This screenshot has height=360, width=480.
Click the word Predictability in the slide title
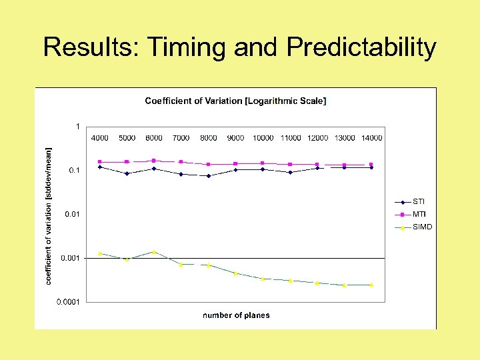click(x=361, y=48)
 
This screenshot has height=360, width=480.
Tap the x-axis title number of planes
click(x=236, y=315)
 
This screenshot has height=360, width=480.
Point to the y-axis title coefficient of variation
click(x=48, y=216)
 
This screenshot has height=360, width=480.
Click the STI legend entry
click(x=418, y=201)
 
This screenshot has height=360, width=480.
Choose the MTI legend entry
click(x=419, y=214)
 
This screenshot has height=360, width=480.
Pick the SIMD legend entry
click(x=421, y=227)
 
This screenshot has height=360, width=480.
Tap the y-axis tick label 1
click(x=77, y=126)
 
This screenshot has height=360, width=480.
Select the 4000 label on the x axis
click(x=99, y=138)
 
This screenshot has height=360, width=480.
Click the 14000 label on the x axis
click(x=371, y=138)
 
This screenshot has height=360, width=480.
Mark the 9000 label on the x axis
click(x=235, y=138)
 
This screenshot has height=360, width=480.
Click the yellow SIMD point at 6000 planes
click(x=154, y=252)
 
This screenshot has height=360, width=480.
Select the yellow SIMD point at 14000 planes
click(x=371, y=285)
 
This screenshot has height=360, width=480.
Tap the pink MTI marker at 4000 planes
click(x=99, y=161)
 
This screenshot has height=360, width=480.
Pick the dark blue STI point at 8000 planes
click(x=209, y=176)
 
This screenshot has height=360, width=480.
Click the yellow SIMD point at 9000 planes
click(x=235, y=273)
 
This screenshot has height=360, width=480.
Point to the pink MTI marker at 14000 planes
click(x=371, y=165)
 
